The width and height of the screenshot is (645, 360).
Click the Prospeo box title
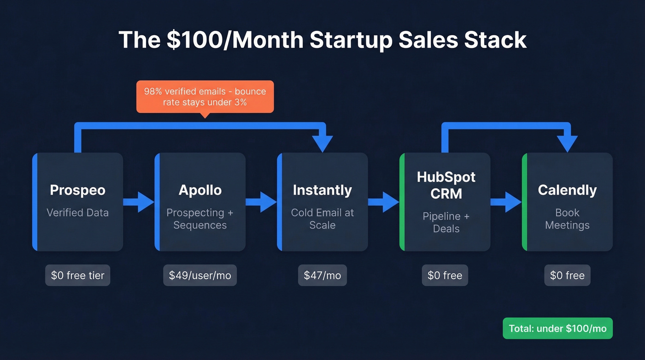point(77,190)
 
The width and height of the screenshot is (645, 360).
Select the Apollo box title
point(200,190)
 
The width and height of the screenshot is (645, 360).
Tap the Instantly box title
point(322,190)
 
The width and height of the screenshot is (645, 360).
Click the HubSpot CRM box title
point(446,185)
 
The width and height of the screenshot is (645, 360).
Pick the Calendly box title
point(567,190)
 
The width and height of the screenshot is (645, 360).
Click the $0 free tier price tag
point(77,276)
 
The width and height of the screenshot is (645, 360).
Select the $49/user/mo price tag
point(200,276)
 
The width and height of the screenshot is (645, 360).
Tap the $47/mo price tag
point(322,276)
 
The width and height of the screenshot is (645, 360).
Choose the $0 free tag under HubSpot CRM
point(445,276)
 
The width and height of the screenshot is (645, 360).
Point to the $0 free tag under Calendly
point(567,276)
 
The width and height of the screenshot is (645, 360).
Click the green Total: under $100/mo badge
point(557,329)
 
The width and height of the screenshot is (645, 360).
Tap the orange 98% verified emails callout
point(205,97)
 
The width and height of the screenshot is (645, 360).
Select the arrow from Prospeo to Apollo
point(139,202)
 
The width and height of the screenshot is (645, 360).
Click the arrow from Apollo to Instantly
point(261,202)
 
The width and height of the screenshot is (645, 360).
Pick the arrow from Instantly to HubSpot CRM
point(384,202)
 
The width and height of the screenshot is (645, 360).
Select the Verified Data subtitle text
point(77,212)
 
